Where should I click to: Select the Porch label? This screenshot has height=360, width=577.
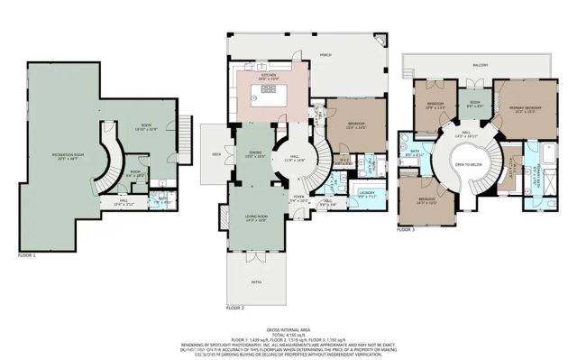click(x=325, y=55)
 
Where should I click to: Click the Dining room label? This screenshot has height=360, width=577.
click(x=255, y=152)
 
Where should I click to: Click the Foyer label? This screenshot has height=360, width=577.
click(x=301, y=196)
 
